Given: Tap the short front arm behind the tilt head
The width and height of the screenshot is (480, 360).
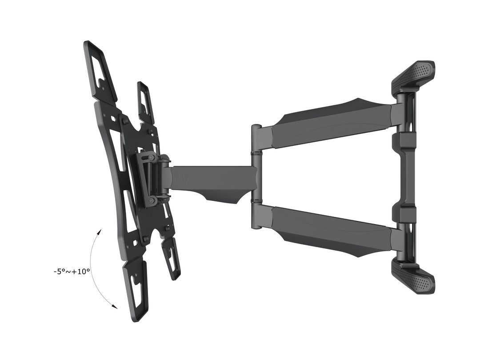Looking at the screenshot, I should (x=209, y=178).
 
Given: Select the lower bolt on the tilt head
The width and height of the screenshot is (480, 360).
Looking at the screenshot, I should (x=152, y=201).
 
